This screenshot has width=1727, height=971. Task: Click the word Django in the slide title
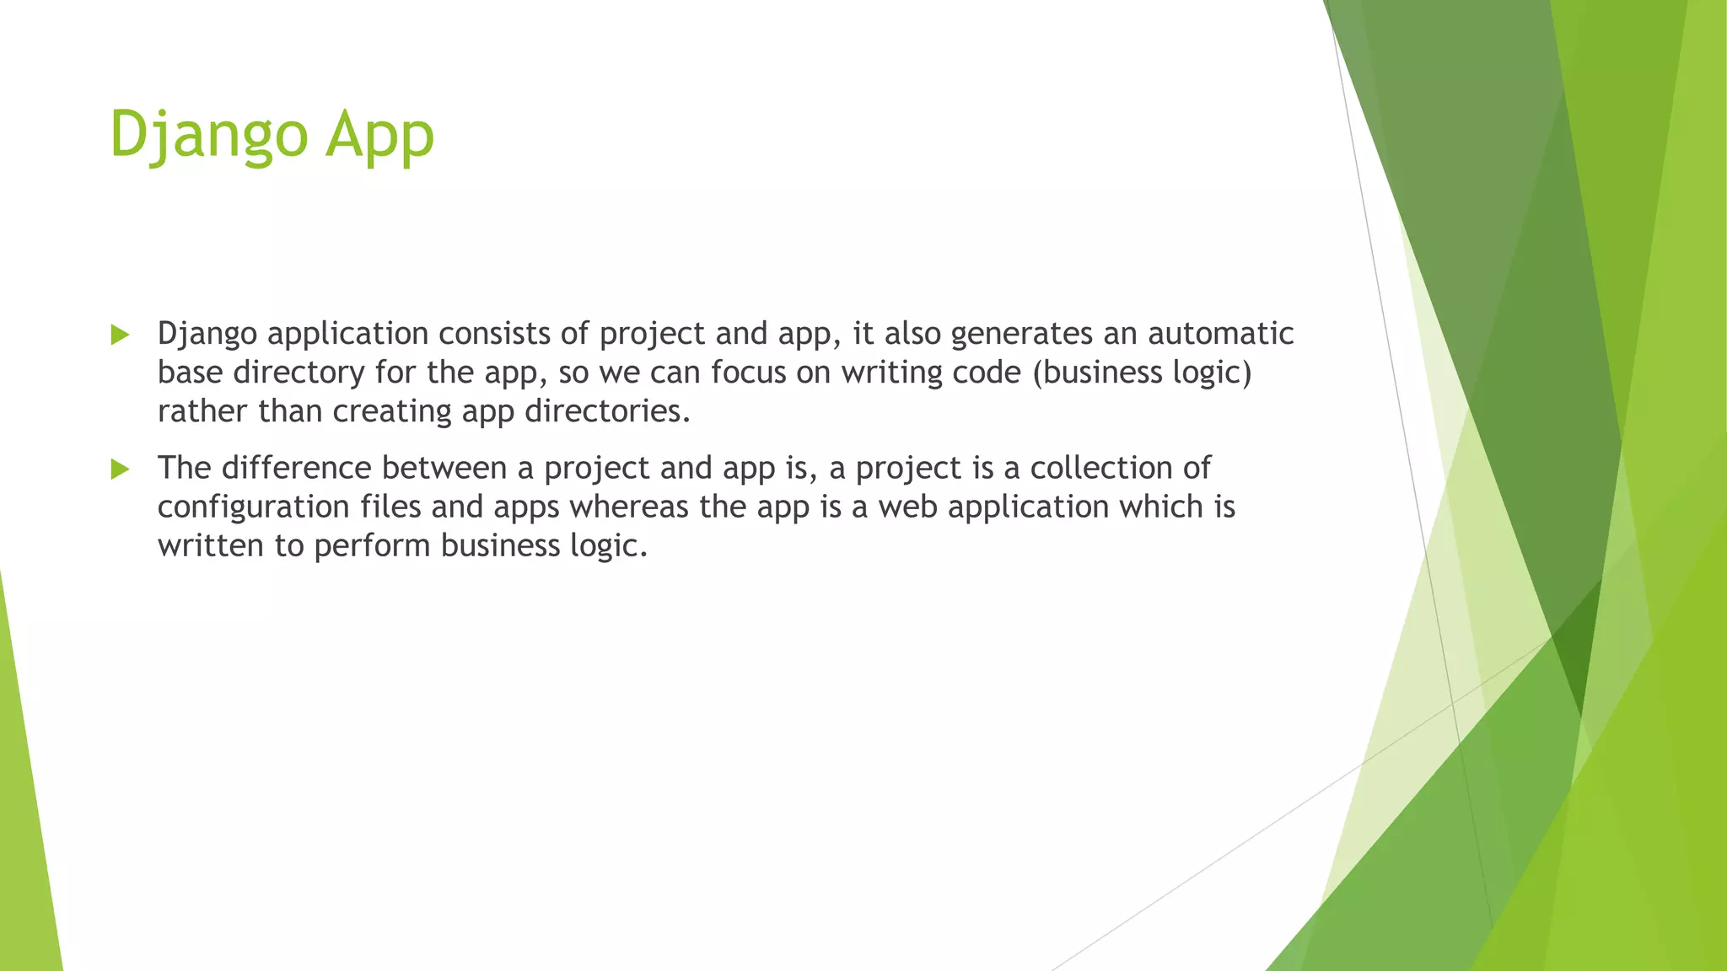pos(208,135)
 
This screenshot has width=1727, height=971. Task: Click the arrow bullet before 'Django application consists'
pos(120,335)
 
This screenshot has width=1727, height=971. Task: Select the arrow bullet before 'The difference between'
pos(120,469)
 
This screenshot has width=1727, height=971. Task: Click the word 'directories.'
pos(607,411)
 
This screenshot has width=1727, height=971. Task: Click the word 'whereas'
pos(629,507)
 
